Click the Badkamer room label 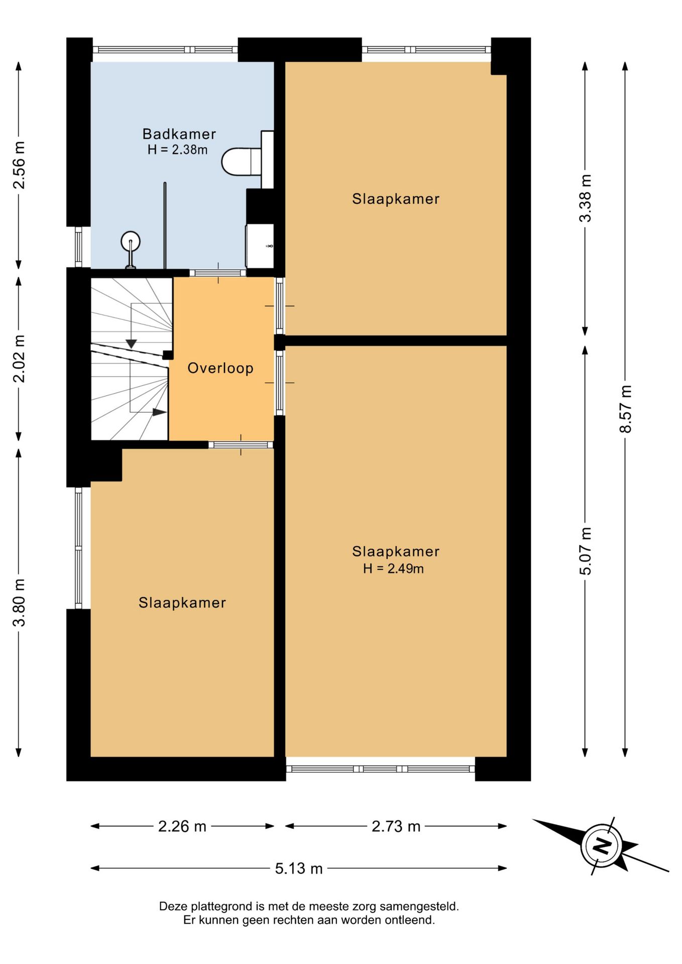[x=179, y=134]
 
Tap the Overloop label [x=220, y=368]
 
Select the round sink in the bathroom [x=131, y=242]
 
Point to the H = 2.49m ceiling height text [x=394, y=568]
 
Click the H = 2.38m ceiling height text [x=178, y=150]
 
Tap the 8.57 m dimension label [x=625, y=409]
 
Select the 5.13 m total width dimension [x=299, y=868]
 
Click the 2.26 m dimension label [x=182, y=826]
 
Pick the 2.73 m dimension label [x=396, y=826]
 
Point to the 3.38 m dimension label [x=585, y=198]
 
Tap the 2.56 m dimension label [x=19, y=165]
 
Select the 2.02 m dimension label [x=19, y=358]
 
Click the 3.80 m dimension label [x=19, y=602]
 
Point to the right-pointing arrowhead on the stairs [x=159, y=412]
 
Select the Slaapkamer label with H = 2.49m [x=396, y=551]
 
